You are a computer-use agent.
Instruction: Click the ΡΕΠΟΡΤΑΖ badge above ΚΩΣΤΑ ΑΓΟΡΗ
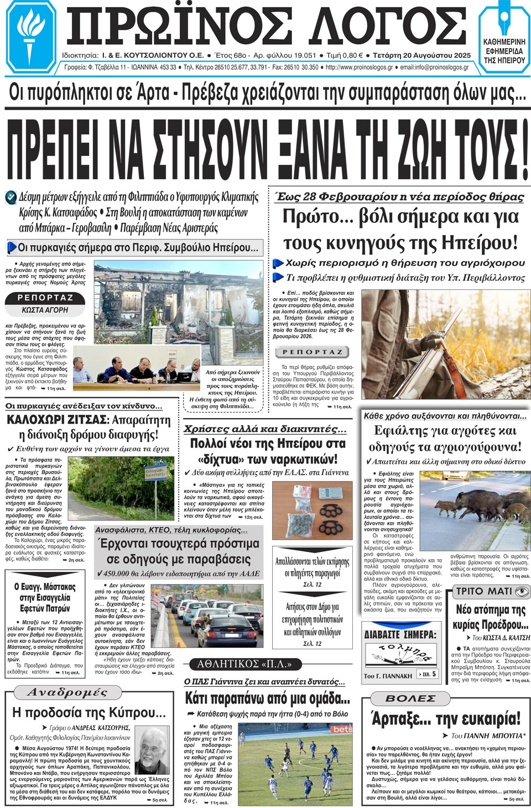pos(45,298)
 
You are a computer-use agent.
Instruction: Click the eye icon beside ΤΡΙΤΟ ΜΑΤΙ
pos(522,591)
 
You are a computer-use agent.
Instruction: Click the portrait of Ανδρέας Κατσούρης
pos(153,750)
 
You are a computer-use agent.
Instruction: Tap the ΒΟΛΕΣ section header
pos(410,698)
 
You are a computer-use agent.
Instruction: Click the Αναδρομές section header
pos(67,692)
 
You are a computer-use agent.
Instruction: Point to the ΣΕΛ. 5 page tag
pos(428,674)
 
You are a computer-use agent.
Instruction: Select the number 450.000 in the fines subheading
pos(121,573)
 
